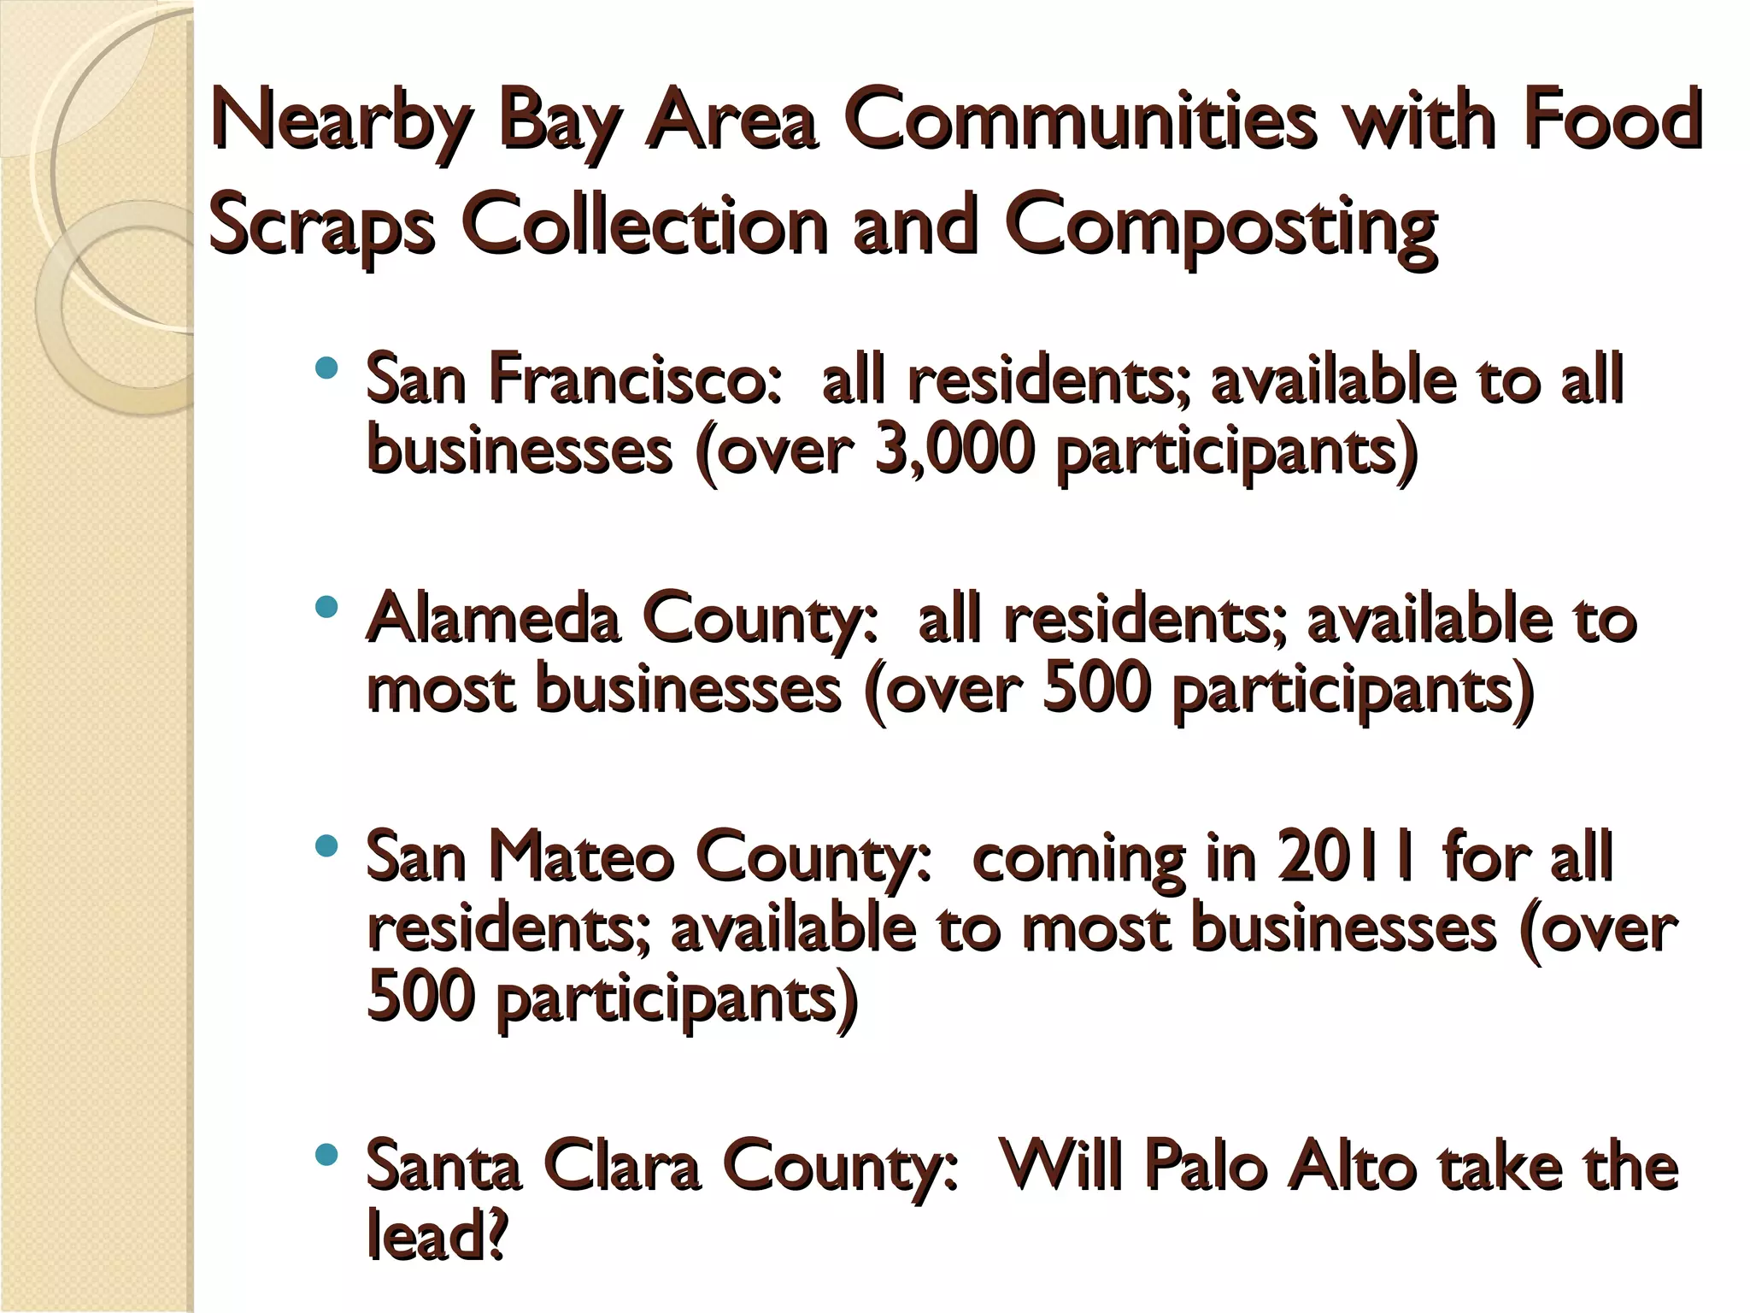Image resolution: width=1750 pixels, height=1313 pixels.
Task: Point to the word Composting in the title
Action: [1222, 227]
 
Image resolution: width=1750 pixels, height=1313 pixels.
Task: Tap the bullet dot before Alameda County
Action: [326, 608]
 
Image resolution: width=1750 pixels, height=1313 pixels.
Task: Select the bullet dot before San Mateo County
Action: [326, 847]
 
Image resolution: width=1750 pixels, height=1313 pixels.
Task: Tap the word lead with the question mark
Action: [436, 1235]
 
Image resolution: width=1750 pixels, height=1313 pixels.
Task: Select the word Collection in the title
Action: [645, 227]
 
